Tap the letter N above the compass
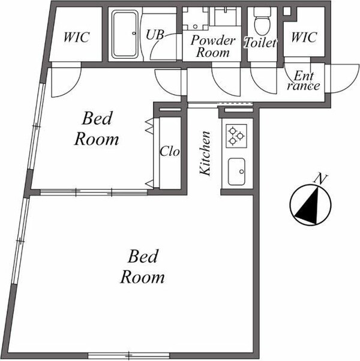[x=322, y=178]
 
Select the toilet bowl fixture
[x=261, y=23]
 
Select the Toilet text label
[x=260, y=43]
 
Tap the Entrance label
[x=303, y=80]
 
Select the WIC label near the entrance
[x=303, y=37]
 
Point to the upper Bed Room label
[x=97, y=128]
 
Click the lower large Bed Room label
[x=142, y=267]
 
